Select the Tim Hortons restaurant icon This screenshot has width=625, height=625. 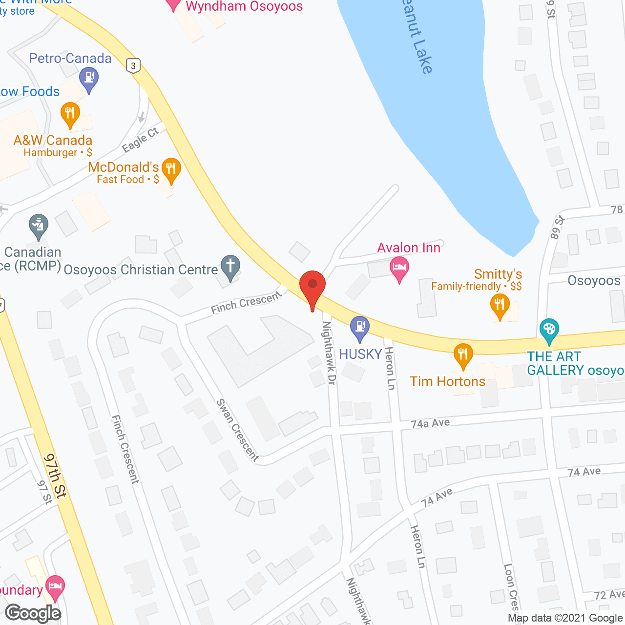[463, 355]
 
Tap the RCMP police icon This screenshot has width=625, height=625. [38, 226]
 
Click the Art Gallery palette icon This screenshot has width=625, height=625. [549, 330]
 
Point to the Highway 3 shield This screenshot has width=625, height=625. [133, 65]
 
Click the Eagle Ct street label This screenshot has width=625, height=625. [141, 140]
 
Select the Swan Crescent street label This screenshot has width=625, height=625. [237, 430]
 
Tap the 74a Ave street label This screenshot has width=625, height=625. [430, 423]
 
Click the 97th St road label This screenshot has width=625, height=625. [55, 476]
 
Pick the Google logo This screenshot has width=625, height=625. [33, 613]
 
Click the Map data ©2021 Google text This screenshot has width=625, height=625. [565, 618]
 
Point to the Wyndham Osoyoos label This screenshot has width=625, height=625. [244, 7]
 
